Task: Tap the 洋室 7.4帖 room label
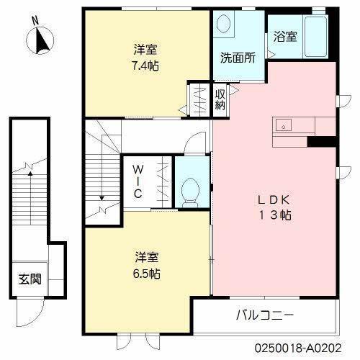(146, 58)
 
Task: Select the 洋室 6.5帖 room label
(146, 264)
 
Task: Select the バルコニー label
(264, 315)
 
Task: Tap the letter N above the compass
(35, 22)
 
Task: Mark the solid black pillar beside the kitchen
(323, 141)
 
